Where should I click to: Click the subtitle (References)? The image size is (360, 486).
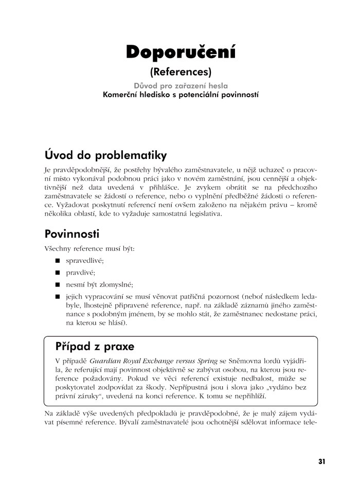181,72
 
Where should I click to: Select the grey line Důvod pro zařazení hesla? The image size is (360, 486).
181,85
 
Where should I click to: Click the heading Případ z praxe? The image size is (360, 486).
95,346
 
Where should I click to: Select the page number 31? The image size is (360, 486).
322,461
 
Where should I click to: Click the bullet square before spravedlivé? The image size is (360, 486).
58,261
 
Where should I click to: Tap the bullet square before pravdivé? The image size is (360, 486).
58,273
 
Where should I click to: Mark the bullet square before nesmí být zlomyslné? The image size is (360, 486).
58,284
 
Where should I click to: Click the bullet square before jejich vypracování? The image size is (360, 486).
58,297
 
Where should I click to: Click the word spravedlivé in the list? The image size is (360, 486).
84,261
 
